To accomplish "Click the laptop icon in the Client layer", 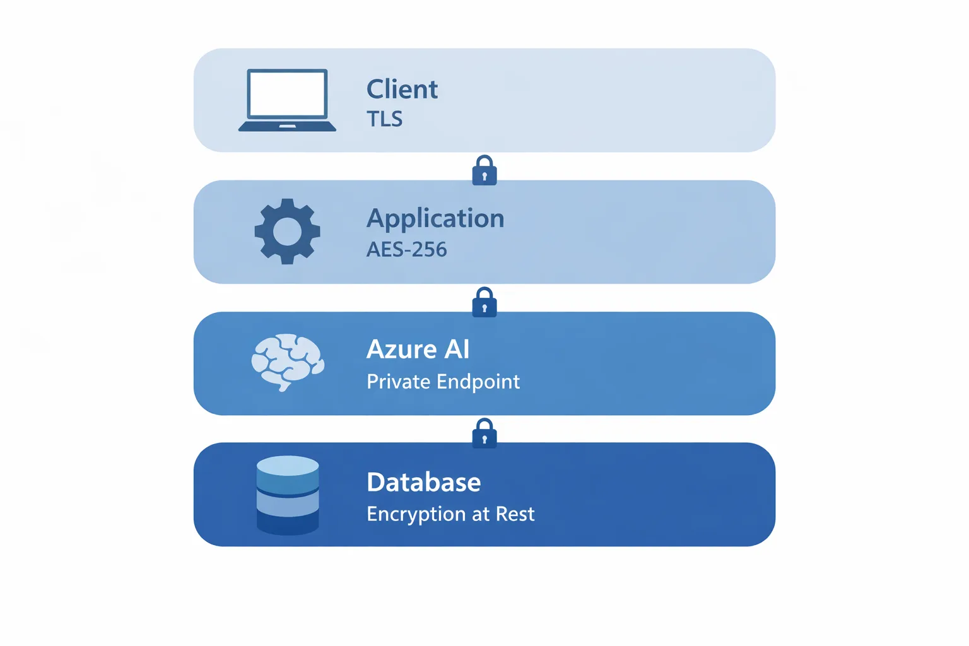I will point(287,100).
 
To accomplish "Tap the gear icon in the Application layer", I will point(287,232).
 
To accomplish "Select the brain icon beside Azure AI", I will point(288,362).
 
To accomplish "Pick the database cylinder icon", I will point(288,495).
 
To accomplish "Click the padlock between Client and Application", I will point(484,171).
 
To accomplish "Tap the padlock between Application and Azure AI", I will point(484,303).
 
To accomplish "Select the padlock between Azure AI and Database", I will point(484,433).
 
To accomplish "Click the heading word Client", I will point(402,90).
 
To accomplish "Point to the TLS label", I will point(384,119).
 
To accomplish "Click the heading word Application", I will point(435,219).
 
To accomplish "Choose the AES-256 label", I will point(406,250).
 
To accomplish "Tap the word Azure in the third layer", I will point(401,349).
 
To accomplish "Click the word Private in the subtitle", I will point(398,382).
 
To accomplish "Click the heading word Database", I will point(423,483).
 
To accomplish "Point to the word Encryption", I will point(417,514).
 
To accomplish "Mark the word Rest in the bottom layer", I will point(515,514).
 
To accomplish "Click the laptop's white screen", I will point(288,93).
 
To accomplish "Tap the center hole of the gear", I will point(287,232).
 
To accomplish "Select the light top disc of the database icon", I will point(288,466).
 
